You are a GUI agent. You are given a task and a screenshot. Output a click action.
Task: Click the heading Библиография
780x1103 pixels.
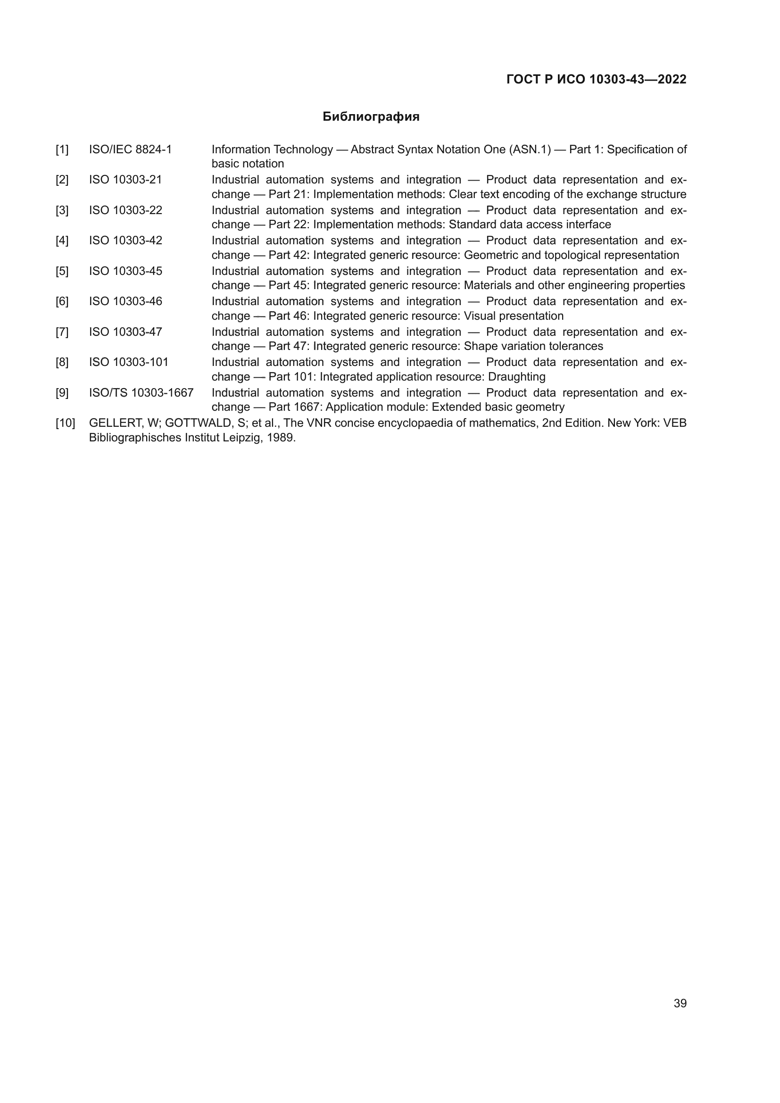click(371, 117)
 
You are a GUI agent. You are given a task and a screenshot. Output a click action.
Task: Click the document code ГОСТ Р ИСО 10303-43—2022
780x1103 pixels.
click(596, 80)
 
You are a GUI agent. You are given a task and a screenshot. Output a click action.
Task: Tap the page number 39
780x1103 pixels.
click(680, 1003)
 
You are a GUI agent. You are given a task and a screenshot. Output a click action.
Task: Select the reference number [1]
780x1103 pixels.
click(62, 150)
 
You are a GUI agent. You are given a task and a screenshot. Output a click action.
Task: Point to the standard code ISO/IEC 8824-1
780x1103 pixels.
click(130, 150)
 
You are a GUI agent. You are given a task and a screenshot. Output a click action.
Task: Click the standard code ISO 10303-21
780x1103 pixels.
click(125, 180)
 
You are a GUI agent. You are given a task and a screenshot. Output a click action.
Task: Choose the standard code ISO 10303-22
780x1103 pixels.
click(125, 210)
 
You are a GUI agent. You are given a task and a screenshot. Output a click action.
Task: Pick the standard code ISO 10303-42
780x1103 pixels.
click(125, 241)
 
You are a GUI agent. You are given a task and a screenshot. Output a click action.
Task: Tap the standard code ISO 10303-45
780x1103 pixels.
click(125, 272)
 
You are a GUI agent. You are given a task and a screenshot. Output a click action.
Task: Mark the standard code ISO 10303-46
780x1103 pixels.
click(125, 302)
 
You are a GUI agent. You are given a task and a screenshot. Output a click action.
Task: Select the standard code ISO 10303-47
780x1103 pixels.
click(125, 332)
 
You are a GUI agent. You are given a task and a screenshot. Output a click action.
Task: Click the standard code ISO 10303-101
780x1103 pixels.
click(129, 362)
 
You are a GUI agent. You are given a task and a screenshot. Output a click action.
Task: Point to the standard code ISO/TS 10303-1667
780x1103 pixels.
click(141, 393)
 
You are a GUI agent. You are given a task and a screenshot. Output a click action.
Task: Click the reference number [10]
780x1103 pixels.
click(66, 423)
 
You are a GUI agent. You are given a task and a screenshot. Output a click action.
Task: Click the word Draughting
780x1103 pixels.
click(516, 377)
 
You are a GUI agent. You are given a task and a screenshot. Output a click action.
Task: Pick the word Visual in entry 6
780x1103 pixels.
click(479, 316)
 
